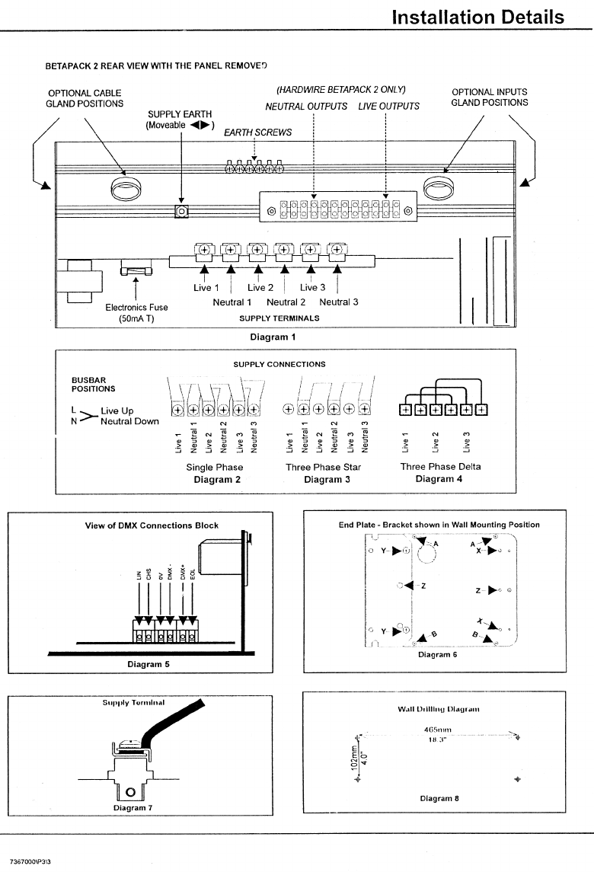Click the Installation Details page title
pyautogui.click(x=477, y=17)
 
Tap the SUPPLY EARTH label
pyautogui.click(x=180, y=114)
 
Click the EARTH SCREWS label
pyautogui.click(x=257, y=132)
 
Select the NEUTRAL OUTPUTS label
pyautogui.click(x=306, y=106)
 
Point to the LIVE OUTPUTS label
pyautogui.click(x=388, y=106)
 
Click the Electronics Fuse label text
pyautogui.click(x=136, y=307)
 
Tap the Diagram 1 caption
pyautogui.click(x=273, y=336)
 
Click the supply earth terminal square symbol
pyautogui.click(x=181, y=211)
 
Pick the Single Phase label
pyautogui.click(x=215, y=467)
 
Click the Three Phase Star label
pyautogui.click(x=323, y=467)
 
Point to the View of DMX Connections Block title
pyautogui.click(x=152, y=525)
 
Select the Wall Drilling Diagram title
pyautogui.click(x=439, y=709)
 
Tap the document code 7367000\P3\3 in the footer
pyautogui.click(x=35, y=861)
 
